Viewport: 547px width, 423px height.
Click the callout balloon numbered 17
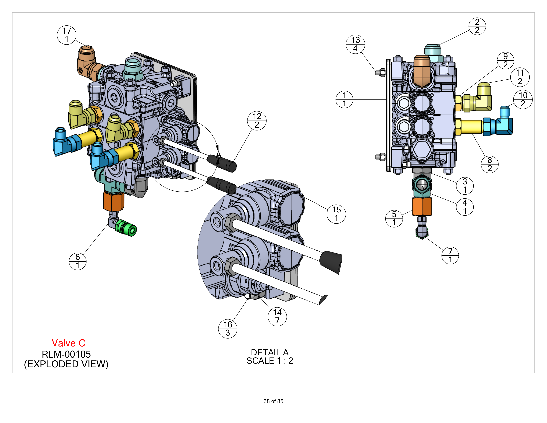click(66, 35)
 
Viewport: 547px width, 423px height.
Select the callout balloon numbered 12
click(257, 121)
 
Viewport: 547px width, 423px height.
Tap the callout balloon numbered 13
click(355, 44)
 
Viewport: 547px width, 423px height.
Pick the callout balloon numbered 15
click(336, 214)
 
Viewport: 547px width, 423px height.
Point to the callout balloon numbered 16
click(228, 329)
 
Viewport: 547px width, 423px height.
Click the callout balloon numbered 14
click(277, 317)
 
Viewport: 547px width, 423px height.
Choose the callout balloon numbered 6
click(77, 261)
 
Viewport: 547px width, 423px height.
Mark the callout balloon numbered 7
click(450, 255)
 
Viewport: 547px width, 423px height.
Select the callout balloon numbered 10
click(522, 100)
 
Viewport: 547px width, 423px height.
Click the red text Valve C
click(68, 343)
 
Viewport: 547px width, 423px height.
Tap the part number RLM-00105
click(66, 354)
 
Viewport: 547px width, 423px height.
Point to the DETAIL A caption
click(270, 352)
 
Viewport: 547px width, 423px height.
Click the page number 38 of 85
click(273, 401)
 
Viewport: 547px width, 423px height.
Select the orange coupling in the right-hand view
click(422, 207)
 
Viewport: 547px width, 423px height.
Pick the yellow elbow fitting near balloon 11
click(483, 98)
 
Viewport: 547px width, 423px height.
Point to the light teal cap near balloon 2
click(433, 50)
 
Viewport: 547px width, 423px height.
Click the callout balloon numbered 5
click(394, 218)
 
